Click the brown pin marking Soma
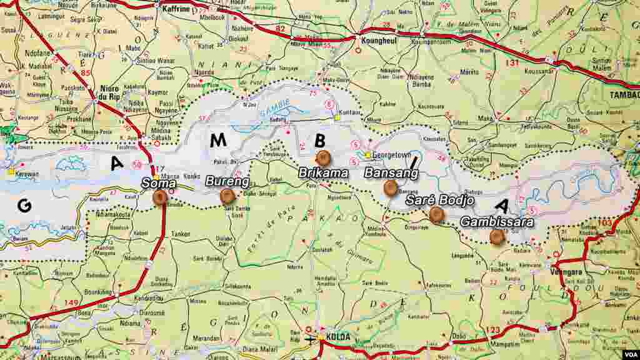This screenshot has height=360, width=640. [160, 197]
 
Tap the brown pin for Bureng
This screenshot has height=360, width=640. [227, 196]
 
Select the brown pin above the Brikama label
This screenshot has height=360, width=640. [323, 158]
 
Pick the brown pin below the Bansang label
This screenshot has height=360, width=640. [391, 187]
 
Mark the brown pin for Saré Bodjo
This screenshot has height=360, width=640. [436, 214]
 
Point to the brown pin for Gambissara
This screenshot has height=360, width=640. [497, 237]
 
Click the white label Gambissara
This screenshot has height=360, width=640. [497, 222]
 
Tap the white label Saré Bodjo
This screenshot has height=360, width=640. [439, 201]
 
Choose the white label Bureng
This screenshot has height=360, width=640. [227, 182]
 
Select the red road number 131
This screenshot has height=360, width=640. [512, 63]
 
